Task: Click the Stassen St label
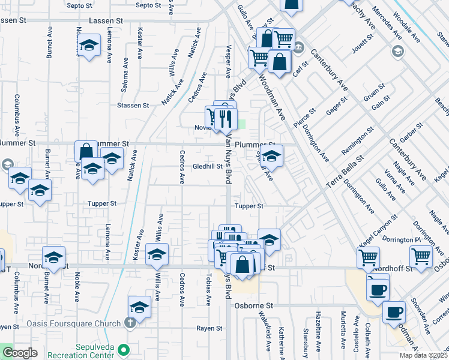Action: coord(133,106)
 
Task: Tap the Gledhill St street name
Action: coord(208,167)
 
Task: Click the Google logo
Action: coord(19,353)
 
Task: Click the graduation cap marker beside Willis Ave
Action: coord(157,254)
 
